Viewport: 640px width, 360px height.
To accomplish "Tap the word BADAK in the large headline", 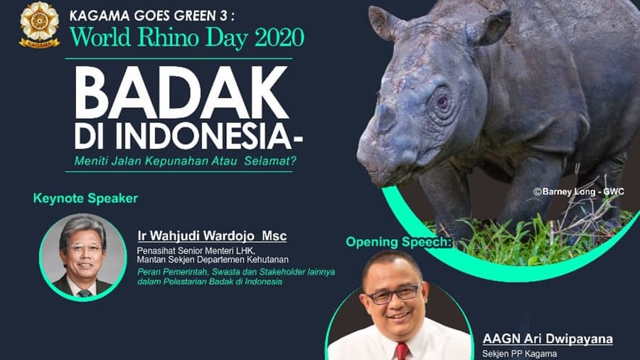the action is (181, 92).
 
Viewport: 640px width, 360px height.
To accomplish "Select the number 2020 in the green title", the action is (279, 38).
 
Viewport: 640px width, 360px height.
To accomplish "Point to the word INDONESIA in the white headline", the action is (203, 137).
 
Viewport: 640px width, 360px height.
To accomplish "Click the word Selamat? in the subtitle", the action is (270, 161).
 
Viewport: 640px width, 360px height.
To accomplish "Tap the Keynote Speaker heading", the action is (86, 198).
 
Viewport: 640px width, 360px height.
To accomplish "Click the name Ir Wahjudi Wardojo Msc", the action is (212, 236).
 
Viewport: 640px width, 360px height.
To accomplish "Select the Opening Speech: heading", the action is (399, 242).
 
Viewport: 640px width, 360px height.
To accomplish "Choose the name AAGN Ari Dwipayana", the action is (548, 339).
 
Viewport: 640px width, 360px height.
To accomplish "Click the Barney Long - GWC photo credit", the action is (579, 192).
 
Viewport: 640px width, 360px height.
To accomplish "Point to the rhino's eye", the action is (442, 101).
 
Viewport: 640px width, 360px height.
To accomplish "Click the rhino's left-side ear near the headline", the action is (385, 23).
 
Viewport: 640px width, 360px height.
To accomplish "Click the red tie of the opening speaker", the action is (402, 351).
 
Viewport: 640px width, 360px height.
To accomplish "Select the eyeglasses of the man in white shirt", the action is (393, 295).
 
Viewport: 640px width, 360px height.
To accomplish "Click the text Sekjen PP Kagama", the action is (519, 354).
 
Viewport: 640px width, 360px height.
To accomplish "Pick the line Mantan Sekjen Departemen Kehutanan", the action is (213, 260).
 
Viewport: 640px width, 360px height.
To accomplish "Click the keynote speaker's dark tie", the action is (85, 293).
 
